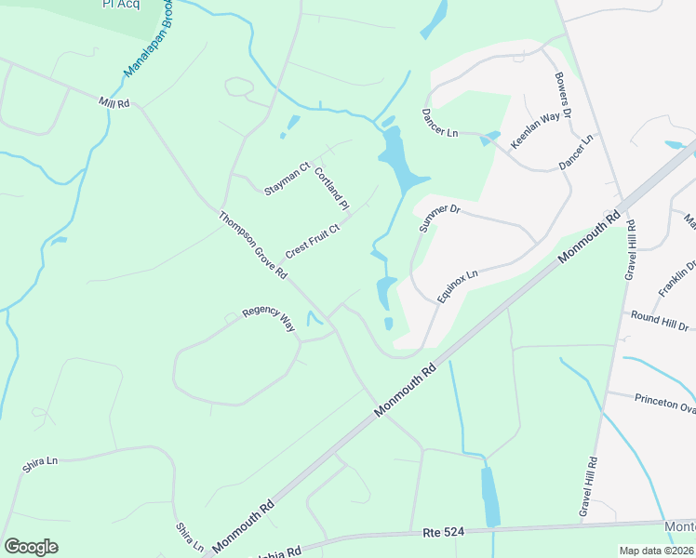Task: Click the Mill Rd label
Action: point(114,101)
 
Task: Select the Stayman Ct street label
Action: point(286,179)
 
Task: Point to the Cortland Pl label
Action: point(330,188)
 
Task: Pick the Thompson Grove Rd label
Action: point(253,246)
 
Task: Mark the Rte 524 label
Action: point(444,532)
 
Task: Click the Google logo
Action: point(31,547)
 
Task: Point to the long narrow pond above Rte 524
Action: point(489,497)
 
